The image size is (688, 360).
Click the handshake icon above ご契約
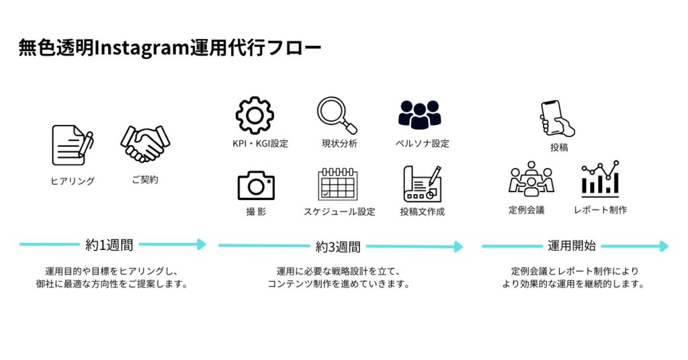point(145,144)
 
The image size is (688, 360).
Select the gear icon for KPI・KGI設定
point(255,115)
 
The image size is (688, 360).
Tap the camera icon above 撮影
point(255,185)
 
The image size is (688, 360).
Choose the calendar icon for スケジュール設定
point(337,185)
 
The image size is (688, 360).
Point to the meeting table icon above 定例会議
point(530,179)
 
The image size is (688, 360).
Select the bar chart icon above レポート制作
point(600,179)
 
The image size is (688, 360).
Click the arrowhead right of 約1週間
point(200,244)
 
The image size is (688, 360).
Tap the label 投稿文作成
point(422,212)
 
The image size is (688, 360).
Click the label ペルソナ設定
point(422,143)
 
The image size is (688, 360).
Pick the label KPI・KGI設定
point(255,143)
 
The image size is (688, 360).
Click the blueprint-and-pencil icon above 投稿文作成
point(422,183)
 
